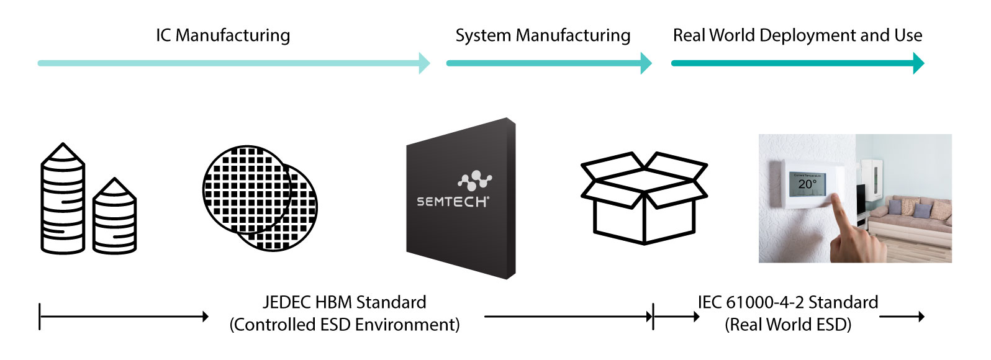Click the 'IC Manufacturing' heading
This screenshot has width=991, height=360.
click(223, 35)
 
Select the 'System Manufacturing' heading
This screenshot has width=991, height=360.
click(543, 35)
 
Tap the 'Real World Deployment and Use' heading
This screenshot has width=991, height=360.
click(797, 35)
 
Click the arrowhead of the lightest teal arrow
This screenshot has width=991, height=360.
click(425, 63)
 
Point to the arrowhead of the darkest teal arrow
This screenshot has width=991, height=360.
click(919, 63)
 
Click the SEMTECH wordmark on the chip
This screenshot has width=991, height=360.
click(453, 202)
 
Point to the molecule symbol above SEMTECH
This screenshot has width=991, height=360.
click(475, 180)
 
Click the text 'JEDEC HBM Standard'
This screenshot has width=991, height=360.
click(345, 302)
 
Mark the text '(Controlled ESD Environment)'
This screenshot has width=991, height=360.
click(345, 325)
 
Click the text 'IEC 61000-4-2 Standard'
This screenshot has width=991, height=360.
click(788, 302)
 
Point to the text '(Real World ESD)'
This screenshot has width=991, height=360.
click(788, 325)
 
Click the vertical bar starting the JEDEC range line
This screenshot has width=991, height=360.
click(40, 317)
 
